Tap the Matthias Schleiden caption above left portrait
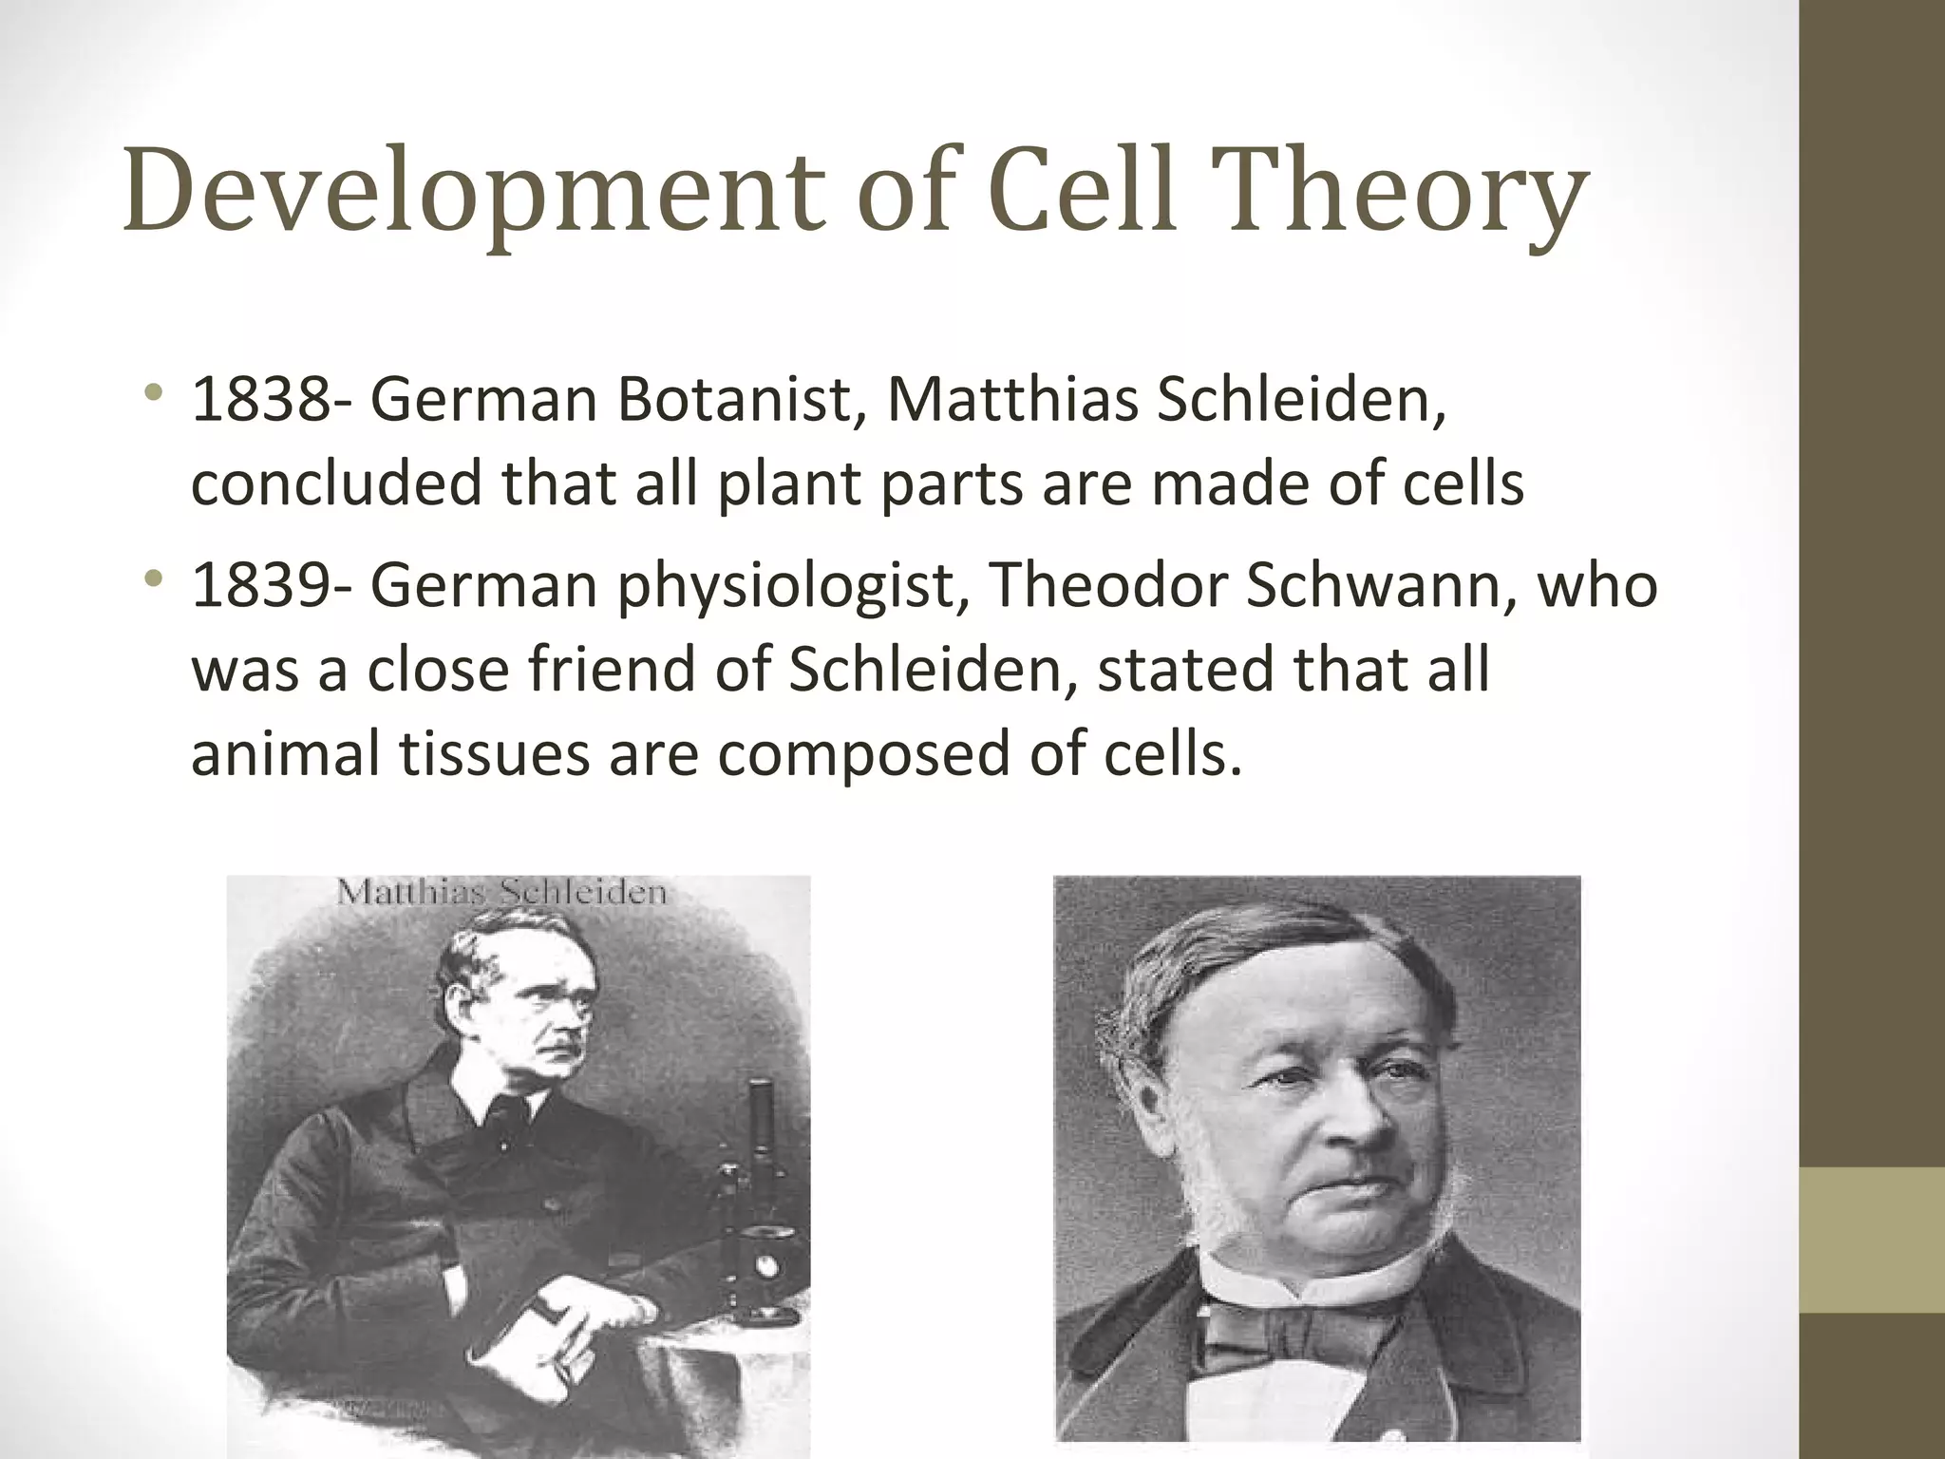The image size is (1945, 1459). click(x=501, y=893)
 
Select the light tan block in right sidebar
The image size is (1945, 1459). click(x=1872, y=1240)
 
